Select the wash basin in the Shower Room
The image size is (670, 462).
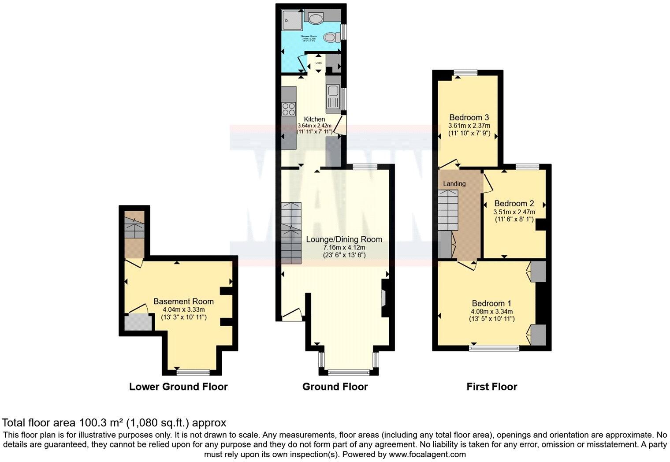pos(316,18)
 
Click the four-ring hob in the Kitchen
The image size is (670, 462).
pos(289,108)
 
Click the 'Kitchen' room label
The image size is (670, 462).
pos(314,119)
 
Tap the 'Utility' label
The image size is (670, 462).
pos(318,63)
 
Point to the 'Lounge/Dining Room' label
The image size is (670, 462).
pos(344,239)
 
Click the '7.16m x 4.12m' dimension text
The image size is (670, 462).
pos(344,248)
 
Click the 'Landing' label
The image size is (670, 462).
pos(454,184)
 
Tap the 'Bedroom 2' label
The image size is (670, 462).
pos(514,204)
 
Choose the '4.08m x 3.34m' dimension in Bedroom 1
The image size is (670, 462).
pos(491,311)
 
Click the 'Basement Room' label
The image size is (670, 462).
pos(183,302)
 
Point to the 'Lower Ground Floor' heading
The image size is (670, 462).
pos(178,387)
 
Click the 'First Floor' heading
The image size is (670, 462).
pos(491,387)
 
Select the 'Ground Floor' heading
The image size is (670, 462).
pos(335,387)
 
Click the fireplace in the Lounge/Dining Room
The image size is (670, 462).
pos(383,298)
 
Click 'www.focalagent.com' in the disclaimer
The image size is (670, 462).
pos(428,454)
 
